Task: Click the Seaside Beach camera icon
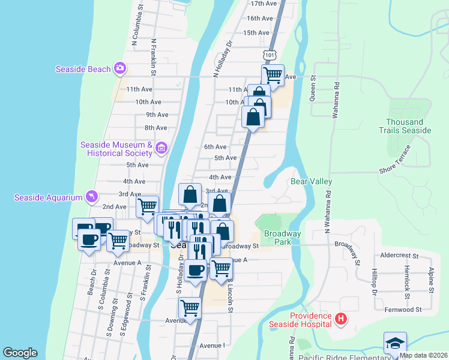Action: (120, 68)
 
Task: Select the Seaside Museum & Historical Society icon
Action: (161, 147)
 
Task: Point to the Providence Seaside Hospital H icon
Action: (341, 319)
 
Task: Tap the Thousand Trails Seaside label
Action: (405, 126)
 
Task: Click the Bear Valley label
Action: (311, 181)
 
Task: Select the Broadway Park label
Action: (282, 238)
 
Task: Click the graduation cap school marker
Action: (395, 343)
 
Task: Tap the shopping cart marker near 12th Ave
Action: (273, 75)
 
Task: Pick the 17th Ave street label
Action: (265, 4)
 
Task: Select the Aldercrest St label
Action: (396, 254)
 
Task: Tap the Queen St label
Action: (313, 91)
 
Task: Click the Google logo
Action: (20, 353)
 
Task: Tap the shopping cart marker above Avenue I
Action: (190, 308)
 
